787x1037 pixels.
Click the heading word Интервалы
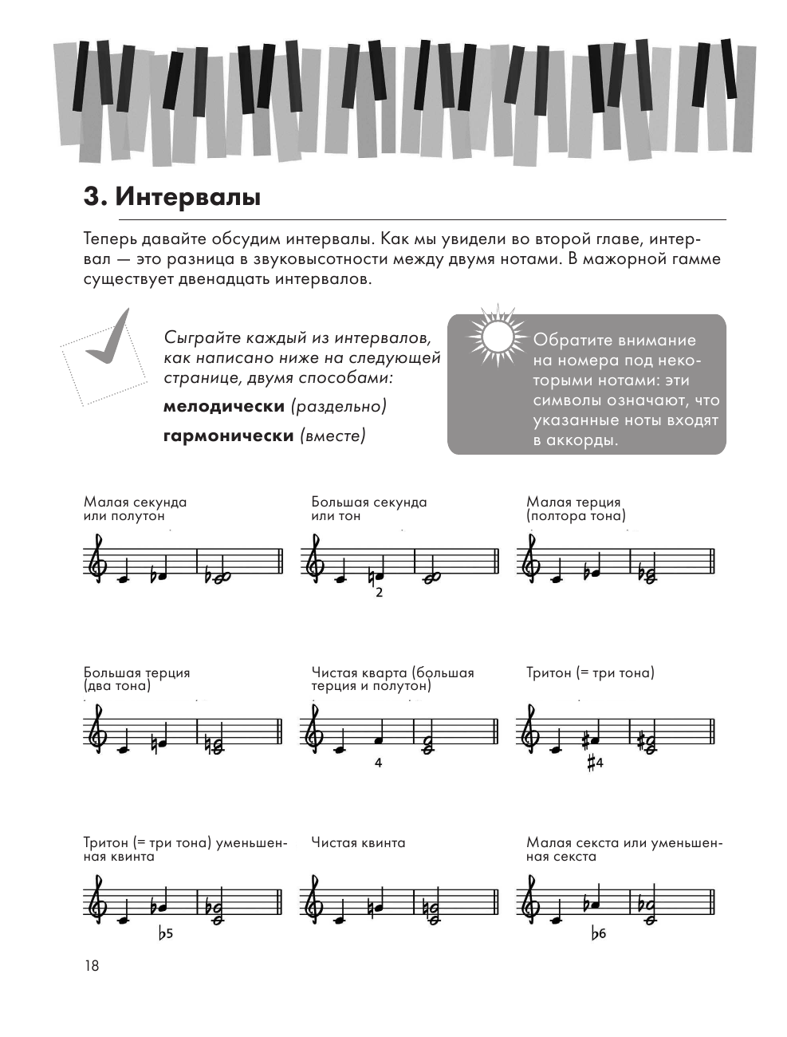tap(188, 197)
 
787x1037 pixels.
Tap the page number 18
tap(92, 966)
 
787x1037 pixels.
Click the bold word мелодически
tap(224, 406)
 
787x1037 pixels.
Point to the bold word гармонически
tap(229, 436)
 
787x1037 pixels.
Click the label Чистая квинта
tap(358, 843)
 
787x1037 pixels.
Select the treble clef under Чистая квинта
tap(314, 900)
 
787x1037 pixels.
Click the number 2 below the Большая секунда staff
tap(379, 593)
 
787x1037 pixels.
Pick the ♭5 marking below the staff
tap(165, 933)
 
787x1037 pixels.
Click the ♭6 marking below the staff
tap(598, 933)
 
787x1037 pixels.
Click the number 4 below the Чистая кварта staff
tap(378, 763)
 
